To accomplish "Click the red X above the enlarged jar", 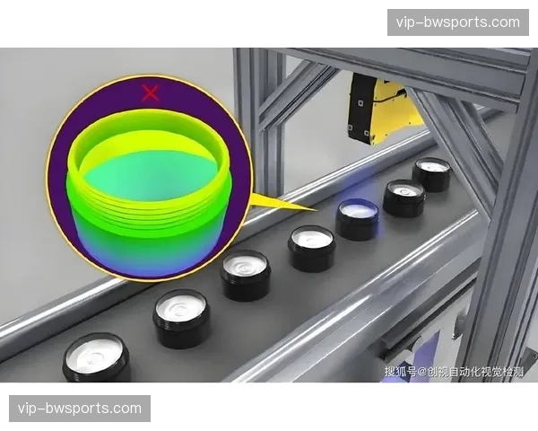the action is point(150,93).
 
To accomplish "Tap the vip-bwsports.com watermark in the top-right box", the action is point(457,22).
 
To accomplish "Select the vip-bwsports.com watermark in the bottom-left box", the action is point(80,409).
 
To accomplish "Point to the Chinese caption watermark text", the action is point(454,372).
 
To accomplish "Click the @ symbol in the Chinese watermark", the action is point(421,372).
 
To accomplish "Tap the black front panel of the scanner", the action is point(360,107).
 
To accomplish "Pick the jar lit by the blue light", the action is point(357,218).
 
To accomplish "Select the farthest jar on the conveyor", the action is point(431,174).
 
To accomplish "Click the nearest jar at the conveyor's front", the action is point(97,357).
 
